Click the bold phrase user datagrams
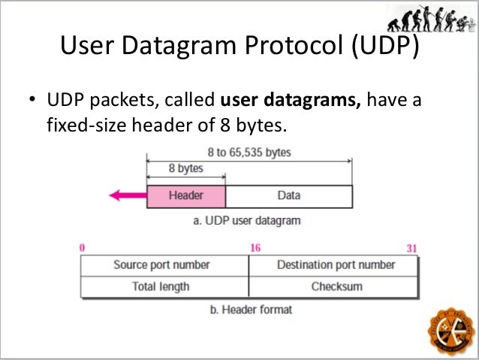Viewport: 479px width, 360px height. (x=291, y=101)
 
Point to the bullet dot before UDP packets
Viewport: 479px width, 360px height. (x=31, y=101)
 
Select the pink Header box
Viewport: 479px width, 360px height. (x=185, y=195)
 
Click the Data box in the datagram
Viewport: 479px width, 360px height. (x=288, y=195)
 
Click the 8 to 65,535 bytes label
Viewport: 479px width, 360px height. (x=249, y=153)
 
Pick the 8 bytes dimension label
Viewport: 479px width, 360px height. (x=185, y=169)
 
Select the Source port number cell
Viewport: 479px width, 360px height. (x=162, y=265)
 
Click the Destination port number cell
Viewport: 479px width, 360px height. (x=336, y=265)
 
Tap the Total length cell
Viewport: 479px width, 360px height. (x=161, y=286)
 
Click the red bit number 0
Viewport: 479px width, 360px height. (x=80, y=247)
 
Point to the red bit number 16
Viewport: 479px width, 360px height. (x=255, y=247)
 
